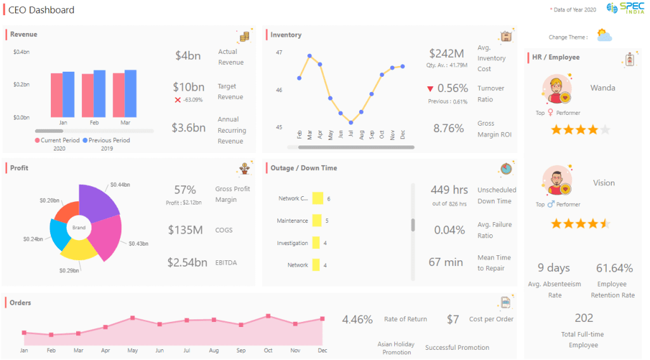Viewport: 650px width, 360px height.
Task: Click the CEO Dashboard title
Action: [41, 10]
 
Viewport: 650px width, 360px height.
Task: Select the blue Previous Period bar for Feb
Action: [100, 93]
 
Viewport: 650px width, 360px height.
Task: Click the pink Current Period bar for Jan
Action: [57, 95]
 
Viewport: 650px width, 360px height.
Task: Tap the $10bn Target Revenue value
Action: [189, 87]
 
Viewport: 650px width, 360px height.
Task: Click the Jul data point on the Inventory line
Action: [350, 123]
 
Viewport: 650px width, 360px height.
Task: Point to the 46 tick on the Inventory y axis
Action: [279, 90]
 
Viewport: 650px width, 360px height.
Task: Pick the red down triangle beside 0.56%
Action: [430, 89]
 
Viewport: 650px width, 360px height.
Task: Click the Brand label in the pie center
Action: [79, 227]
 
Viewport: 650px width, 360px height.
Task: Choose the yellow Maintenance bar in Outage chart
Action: [318, 221]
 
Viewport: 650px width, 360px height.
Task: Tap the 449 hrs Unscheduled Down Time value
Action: [449, 190]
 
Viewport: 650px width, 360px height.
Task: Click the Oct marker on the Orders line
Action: [269, 316]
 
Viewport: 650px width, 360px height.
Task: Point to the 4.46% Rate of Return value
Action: [357, 319]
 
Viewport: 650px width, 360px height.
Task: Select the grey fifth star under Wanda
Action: [605, 130]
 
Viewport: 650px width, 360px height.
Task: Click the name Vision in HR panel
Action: [604, 183]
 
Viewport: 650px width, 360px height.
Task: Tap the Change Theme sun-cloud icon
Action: [604, 36]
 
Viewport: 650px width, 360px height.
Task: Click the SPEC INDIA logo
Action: [625, 10]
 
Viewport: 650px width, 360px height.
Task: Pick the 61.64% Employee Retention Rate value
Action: [614, 268]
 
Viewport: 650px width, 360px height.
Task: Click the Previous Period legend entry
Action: [106, 140]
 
